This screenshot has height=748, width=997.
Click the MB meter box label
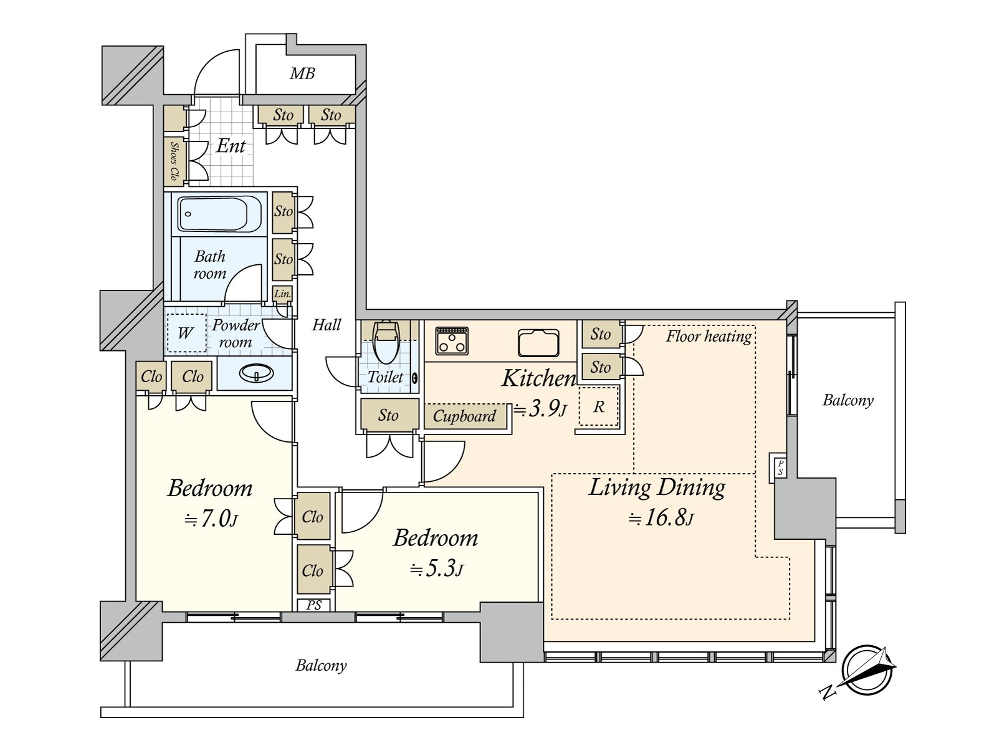point(302,73)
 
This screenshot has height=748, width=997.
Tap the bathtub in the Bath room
point(220,214)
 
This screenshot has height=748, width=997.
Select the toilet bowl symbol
point(386,343)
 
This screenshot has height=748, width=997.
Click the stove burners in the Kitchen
point(452,340)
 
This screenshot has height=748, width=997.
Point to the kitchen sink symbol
point(538,343)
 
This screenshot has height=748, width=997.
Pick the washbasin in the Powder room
point(257,374)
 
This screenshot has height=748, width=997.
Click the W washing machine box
point(186,333)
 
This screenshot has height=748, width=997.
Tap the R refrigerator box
point(598,406)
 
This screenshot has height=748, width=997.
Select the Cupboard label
point(464,416)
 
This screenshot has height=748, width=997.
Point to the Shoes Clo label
point(174,161)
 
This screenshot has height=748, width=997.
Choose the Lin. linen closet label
point(282,294)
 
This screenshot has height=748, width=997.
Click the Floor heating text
point(708,337)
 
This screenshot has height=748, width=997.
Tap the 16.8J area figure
point(661,518)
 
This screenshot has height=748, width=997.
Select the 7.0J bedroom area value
point(211,519)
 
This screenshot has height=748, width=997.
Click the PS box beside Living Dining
point(780,467)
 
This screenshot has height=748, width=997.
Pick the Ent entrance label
point(231,146)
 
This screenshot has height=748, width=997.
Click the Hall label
point(326,325)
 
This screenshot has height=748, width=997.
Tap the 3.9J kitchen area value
point(540,409)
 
